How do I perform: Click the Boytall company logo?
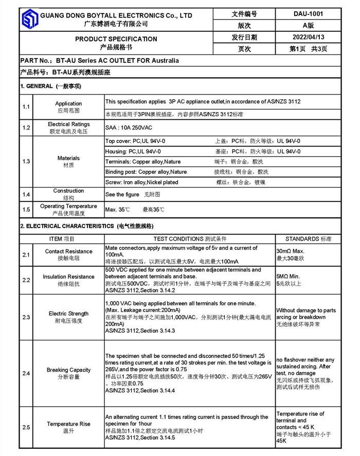pos(29,20)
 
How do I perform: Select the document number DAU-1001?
pos(308,14)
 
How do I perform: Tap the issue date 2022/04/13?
pos(308,37)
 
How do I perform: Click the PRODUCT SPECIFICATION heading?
pos(116,39)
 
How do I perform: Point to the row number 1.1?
pos(26,106)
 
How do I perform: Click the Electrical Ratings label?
pos(68,124)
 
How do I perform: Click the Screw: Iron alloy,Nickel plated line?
pos(142,182)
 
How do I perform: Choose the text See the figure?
pos(122,195)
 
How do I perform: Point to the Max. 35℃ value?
pos(118,210)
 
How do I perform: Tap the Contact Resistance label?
pos(68,251)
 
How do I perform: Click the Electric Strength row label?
pos(68,313)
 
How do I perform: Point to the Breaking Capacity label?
pos(68,370)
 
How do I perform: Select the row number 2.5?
pos(26,427)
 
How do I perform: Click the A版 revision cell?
pos(308,25)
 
